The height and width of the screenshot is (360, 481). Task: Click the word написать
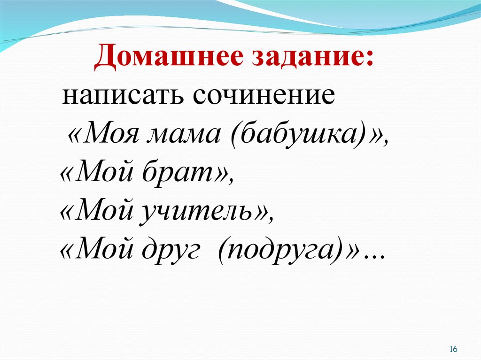pos(124,95)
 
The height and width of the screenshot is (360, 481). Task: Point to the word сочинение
pos(264,95)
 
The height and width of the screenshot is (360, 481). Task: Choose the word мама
pos(184,137)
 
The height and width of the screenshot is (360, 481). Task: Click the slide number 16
pos(453,349)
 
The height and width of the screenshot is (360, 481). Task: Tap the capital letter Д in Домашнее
pos(106,58)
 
